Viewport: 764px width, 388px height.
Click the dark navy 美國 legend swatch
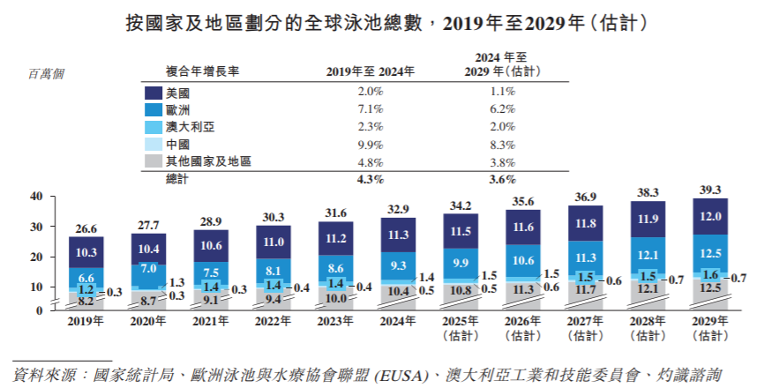point(153,93)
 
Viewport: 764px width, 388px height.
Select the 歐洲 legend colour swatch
point(153,109)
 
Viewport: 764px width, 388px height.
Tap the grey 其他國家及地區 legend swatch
point(153,161)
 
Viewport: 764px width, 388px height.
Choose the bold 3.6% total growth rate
point(502,179)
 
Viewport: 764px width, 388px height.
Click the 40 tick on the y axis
point(36,197)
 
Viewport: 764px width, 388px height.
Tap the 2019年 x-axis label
point(86,324)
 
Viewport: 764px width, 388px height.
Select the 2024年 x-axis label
point(398,324)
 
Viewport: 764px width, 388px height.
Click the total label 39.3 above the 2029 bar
point(710,190)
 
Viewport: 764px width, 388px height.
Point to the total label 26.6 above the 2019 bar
point(86,228)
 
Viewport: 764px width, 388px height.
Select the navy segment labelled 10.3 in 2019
point(86,252)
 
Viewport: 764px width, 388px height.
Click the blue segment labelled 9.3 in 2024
point(398,265)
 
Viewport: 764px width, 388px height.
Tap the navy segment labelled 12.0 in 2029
point(710,217)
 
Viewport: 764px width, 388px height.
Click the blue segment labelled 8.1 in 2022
point(273,271)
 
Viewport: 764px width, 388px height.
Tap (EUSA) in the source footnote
point(400,374)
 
